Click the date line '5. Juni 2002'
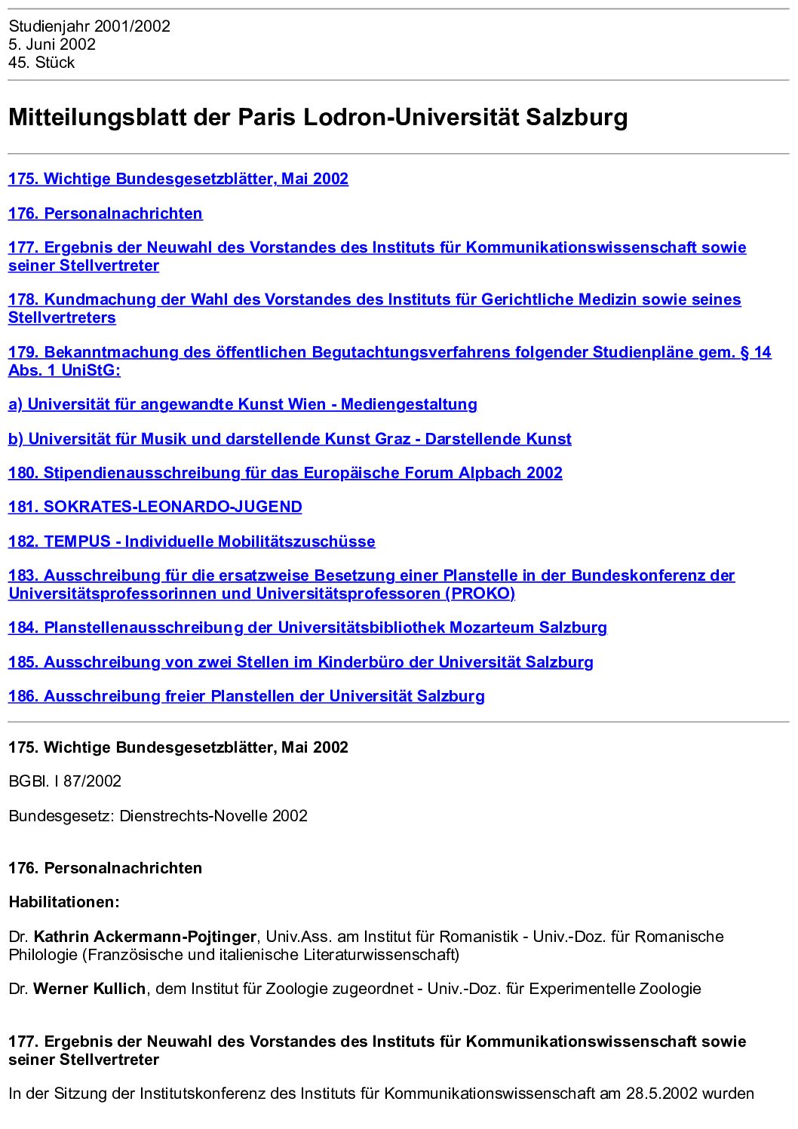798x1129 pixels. (52, 44)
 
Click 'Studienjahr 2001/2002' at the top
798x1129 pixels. (89, 26)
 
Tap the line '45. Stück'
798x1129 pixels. (41, 63)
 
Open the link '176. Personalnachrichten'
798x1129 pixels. (105, 213)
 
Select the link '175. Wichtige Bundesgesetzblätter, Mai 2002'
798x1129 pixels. (178, 179)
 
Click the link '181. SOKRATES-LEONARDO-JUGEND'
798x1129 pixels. (155, 507)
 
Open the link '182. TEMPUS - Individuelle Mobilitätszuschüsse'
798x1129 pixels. (192, 541)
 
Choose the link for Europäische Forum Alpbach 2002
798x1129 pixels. (285, 473)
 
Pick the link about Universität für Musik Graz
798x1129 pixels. (290, 439)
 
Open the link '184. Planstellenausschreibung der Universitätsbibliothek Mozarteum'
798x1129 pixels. (307, 627)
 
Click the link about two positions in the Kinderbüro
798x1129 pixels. (300, 662)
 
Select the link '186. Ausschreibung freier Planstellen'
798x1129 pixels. (246, 696)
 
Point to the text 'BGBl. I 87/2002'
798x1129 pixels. (65, 781)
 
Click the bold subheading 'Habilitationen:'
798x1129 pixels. (64, 902)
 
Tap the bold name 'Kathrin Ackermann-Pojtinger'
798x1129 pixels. (145, 937)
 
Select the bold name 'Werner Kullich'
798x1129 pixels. (89, 989)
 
